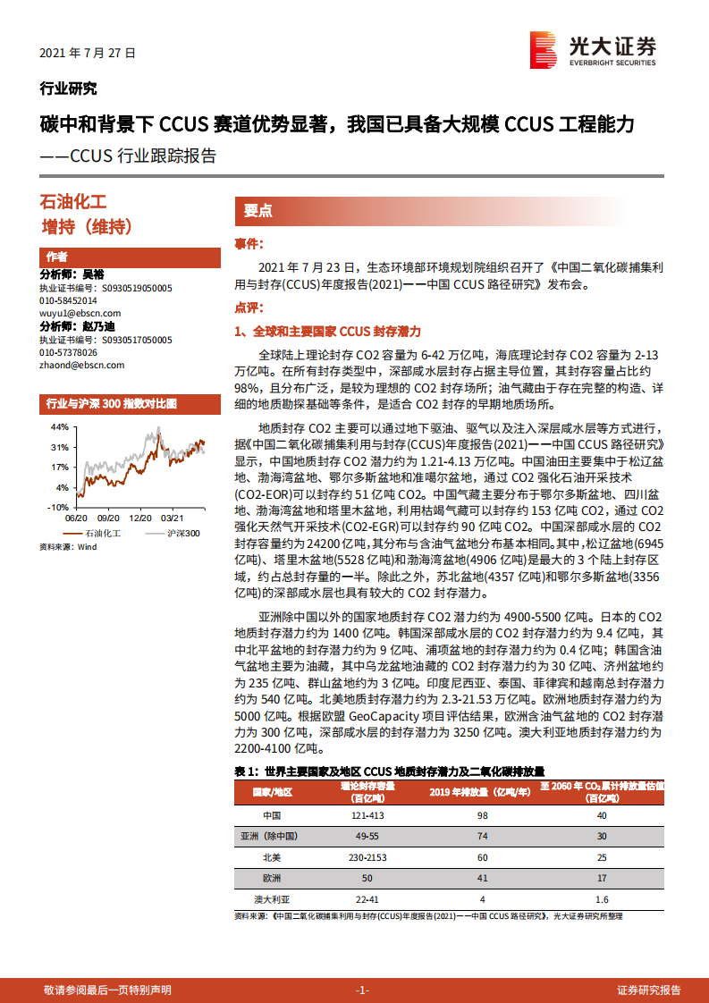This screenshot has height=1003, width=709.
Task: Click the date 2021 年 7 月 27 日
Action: pos(88,53)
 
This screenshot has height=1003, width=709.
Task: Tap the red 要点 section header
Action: pos(258,211)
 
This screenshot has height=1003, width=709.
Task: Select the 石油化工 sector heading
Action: pos(74,203)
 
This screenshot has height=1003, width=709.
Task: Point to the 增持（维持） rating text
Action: pos(88,227)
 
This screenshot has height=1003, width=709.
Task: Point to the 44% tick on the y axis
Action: pos(59,427)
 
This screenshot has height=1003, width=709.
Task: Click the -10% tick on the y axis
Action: pos(57,507)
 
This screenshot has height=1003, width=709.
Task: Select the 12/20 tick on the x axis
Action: pos(140,517)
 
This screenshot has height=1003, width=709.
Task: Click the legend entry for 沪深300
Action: pos(183,533)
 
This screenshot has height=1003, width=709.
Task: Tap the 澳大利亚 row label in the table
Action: pos(272,898)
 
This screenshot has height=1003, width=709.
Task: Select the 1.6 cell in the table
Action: pos(601,898)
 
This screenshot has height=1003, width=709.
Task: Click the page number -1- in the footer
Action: pos(362,990)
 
